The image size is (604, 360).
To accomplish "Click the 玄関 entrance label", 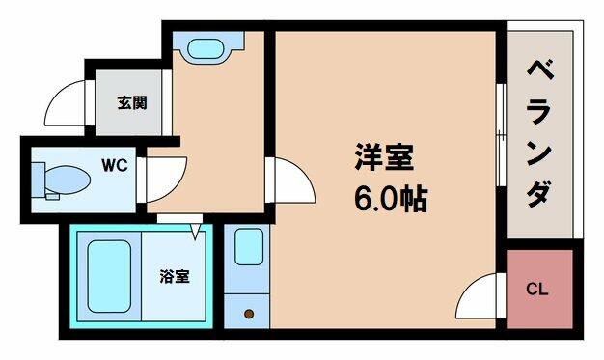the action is tap(132, 103).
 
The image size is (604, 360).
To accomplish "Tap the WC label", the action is tap(115, 165).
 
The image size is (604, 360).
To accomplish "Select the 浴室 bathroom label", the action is tap(175, 276).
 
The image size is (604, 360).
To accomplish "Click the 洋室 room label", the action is tap(384, 156).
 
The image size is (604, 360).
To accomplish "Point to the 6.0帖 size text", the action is tap(391, 199).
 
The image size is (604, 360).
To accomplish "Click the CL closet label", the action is tap(537, 289).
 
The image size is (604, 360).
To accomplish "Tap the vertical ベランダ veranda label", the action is tap(539, 133).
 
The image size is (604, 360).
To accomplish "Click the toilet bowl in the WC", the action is tap(68, 180).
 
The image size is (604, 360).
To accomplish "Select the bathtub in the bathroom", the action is tap(109, 276).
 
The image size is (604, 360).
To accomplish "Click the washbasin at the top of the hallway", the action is tap(206, 48).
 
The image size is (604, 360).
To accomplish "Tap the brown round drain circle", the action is tap(249, 314).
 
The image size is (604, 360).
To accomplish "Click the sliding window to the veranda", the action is tap(501, 135).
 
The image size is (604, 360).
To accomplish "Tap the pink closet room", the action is tap(539, 290).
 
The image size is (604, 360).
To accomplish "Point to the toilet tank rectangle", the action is tap(39, 180).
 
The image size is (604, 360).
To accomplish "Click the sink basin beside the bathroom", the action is tap(249, 247).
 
